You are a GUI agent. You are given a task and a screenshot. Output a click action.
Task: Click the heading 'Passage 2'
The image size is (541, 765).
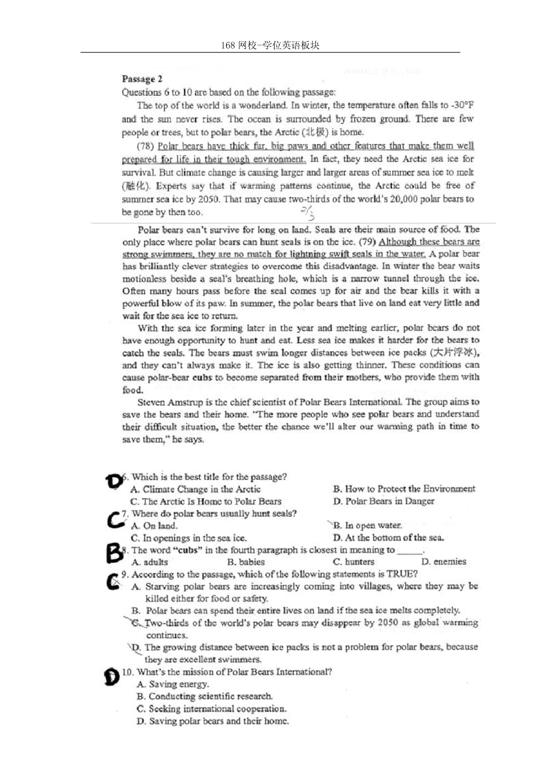pos(142,79)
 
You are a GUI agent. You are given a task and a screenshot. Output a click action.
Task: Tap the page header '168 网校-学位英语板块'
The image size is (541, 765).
pos(270,45)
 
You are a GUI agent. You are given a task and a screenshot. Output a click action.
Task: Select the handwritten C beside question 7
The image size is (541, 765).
pos(115,519)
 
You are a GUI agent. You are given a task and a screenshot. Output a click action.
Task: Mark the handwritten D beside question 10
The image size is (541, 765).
pos(112,676)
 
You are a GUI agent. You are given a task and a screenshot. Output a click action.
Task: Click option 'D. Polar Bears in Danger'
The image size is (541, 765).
pos(383,501)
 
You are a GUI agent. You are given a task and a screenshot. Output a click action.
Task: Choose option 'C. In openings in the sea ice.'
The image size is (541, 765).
pos(189,538)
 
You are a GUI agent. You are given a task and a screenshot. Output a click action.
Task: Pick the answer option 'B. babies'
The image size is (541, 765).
pos(246,562)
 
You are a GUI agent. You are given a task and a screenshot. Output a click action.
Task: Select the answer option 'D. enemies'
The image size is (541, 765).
pos(443,562)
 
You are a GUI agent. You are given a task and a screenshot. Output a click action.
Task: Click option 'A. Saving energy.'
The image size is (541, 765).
pos(173,684)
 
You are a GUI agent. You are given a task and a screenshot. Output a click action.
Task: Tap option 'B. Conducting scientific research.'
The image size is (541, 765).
pos(204,696)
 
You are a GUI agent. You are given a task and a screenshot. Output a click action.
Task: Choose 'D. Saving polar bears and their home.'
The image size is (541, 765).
pos(213,721)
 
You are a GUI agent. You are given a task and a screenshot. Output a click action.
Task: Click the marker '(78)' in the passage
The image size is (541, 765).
pos(145,146)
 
